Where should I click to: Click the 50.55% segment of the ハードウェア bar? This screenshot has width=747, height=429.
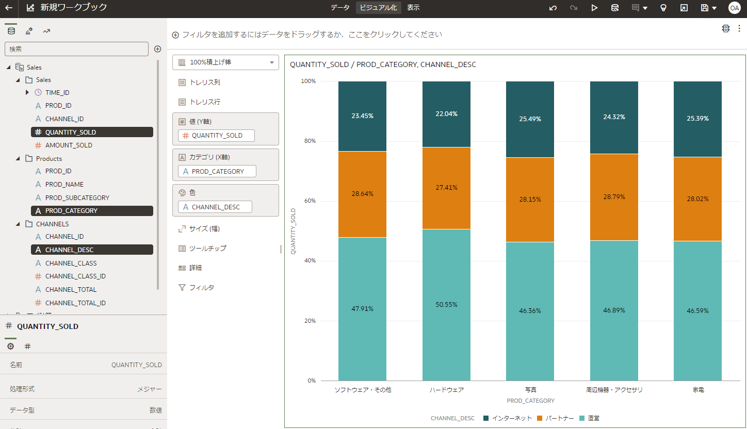pos(446,304)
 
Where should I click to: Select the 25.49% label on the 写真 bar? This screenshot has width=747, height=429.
pos(530,119)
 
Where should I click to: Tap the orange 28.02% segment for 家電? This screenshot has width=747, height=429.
pos(697,199)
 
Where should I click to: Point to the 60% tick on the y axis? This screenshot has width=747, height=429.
pos(308,201)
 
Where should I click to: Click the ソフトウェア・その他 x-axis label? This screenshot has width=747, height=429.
pos(363,390)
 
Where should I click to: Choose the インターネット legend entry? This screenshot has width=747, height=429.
pos(507,418)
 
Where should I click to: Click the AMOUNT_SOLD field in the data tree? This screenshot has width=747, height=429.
pos(69,145)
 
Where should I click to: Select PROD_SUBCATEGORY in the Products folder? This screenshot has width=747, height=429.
pos(77,197)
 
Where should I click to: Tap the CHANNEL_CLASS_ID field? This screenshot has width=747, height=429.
pos(75,276)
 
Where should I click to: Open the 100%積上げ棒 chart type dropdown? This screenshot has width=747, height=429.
pos(226,62)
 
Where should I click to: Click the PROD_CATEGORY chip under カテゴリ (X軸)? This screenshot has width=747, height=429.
pos(217,171)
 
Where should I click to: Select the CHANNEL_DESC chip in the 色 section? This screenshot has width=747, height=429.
pos(215,207)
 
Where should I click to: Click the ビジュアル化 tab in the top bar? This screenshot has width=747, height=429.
pos(378,8)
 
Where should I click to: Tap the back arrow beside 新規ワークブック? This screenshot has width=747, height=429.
pos(9,8)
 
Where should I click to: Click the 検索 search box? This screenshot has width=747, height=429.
pos(76,49)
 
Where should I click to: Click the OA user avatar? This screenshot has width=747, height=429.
pos(734,8)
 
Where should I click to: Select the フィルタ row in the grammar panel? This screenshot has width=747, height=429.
pos(201,287)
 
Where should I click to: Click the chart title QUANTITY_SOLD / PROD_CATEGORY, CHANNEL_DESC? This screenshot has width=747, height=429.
pos(383,65)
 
